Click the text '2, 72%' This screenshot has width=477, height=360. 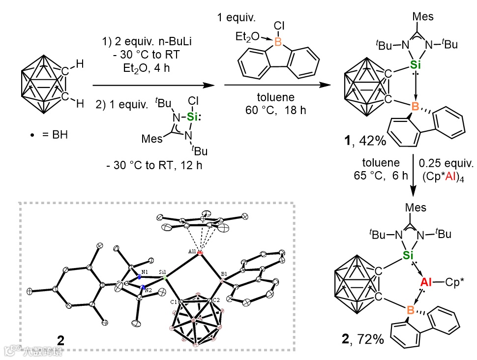point(363,338)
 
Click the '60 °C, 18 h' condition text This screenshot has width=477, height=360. point(275,110)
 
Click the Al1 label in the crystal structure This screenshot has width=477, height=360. point(192,252)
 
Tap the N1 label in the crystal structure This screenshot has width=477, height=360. point(145,271)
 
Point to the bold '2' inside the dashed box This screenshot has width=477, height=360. point(60,340)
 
